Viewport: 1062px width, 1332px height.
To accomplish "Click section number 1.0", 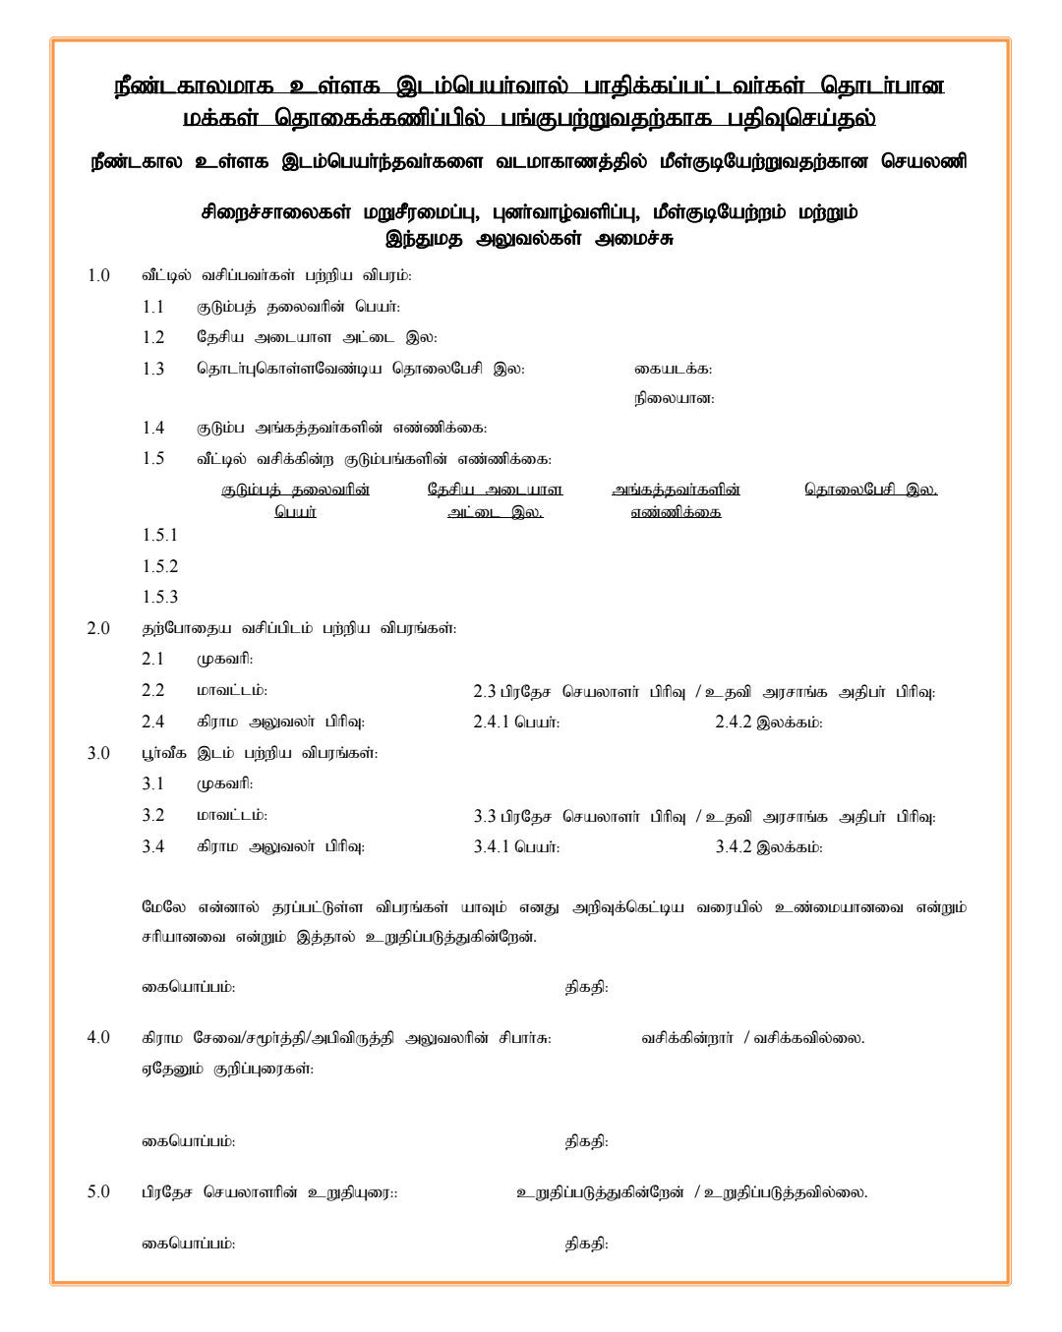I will [x=98, y=276].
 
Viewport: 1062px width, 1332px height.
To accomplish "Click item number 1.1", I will [x=152, y=308].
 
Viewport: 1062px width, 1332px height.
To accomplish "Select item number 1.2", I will [x=152, y=338].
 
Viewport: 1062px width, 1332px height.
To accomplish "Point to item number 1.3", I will [x=152, y=370].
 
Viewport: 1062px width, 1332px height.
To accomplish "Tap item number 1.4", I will [x=152, y=429].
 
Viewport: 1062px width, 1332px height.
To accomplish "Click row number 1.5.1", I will [x=160, y=536].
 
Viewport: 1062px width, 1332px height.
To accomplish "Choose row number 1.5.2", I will [x=160, y=567].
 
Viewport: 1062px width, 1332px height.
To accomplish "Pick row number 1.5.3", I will [x=160, y=598].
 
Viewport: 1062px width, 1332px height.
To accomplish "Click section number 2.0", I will [x=98, y=629].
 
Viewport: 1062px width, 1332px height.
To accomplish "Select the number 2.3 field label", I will [x=485, y=692].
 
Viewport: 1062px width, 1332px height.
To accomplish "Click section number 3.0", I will [x=98, y=754].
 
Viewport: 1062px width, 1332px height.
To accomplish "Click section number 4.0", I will [x=98, y=1038].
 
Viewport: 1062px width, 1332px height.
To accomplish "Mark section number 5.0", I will [x=98, y=1192].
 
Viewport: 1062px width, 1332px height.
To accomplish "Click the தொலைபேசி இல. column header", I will [x=870, y=490].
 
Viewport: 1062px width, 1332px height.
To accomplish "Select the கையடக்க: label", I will [x=673, y=370].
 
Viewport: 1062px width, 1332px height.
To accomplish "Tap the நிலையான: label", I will [x=674, y=399].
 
